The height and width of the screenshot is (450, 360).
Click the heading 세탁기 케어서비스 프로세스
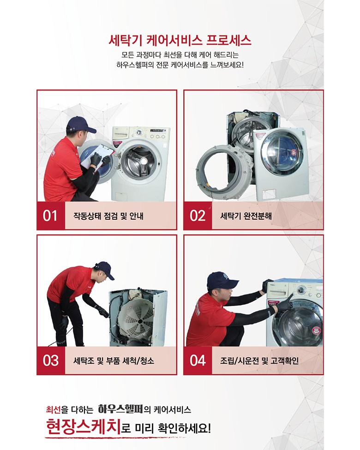click(x=180, y=41)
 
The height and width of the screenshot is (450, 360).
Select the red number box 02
click(x=198, y=216)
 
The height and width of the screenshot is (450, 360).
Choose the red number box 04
click(x=198, y=360)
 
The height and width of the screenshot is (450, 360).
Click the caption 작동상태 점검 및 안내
click(x=108, y=216)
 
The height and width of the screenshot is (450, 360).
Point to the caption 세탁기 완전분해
click(x=246, y=216)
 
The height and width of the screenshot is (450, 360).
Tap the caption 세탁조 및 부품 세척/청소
click(x=114, y=360)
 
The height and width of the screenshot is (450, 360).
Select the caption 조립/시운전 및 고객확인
click(x=259, y=360)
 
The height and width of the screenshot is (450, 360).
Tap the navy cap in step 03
click(x=104, y=270)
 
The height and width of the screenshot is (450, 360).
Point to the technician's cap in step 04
click(x=222, y=280)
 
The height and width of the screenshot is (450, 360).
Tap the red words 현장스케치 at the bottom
click(x=83, y=427)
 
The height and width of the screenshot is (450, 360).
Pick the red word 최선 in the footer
click(x=54, y=409)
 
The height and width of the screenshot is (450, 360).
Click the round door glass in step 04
click(x=299, y=322)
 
